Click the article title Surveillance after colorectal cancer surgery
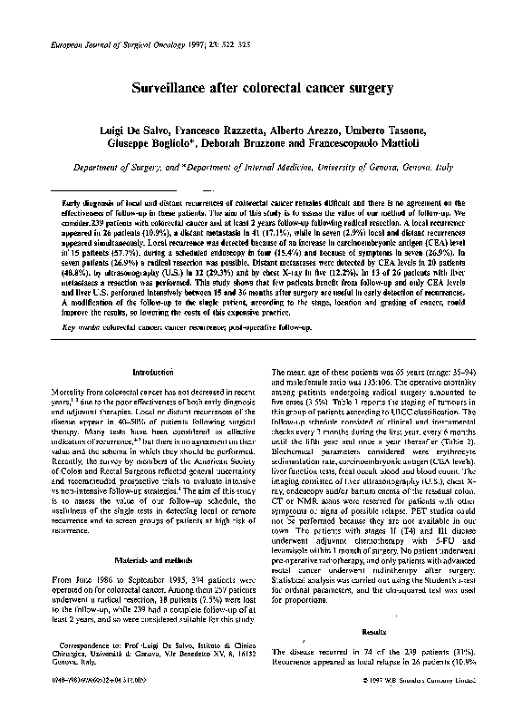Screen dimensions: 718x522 pos(262,90)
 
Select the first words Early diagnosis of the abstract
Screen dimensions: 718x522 pos(88,204)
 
